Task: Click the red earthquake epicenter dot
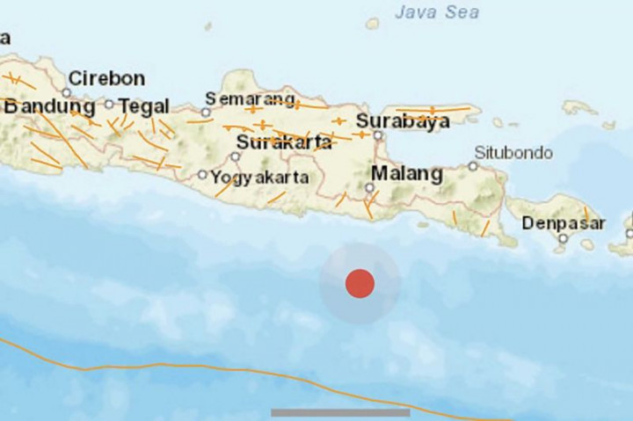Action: (360, 284)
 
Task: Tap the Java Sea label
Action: (436, 12)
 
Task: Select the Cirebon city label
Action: (106, 78)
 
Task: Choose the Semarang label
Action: (251, 98)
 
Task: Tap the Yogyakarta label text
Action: (259, 177)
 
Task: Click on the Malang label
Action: (406, 173)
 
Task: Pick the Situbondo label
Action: (513, 153)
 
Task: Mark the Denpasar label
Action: (564, 223)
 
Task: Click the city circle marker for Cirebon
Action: (67, 92)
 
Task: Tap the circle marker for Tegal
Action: (109, 104)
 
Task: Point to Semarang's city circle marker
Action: (206, 113)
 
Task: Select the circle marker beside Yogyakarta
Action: (202, 175)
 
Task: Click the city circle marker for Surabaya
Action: (378, 135)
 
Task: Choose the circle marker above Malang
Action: (370, 187)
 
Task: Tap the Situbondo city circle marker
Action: (472, 166)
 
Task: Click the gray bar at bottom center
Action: (340, 412)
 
